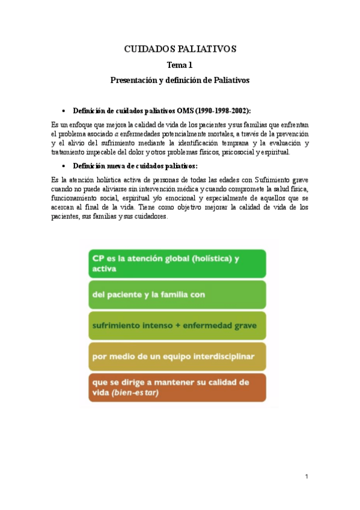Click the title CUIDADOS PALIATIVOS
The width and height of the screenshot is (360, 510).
pyautogui.click(x=180, y=49)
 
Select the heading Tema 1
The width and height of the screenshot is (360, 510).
pyautogui.click(x=180, y=65)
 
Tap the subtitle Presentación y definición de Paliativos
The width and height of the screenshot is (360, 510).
pyautogui.click(x=180, y=79)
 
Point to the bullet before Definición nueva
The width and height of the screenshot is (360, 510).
pyautogui.click(x=64, y=166)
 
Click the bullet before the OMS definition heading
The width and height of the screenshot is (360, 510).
pyautogui.click(x=64, y=111)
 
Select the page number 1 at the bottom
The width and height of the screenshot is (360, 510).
pyautogui.click(x=306, y=477)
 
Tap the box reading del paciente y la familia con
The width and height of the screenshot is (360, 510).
pyautogui.click(x=177, y=295)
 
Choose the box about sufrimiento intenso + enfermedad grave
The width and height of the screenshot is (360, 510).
pyautogui.click(x=177, y=326)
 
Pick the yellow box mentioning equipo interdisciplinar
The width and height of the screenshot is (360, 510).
pyautogui.click(x=177, y=356)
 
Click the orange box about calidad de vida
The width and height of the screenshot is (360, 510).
pyautogui.click(x=177, y=387)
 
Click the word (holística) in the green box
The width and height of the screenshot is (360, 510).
pyautogui.click(x=202, y=259)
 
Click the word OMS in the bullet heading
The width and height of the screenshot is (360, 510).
pyautogui.click(x=186, y=111)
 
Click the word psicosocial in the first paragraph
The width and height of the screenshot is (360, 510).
pyautogui.click(x=239, y=152)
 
